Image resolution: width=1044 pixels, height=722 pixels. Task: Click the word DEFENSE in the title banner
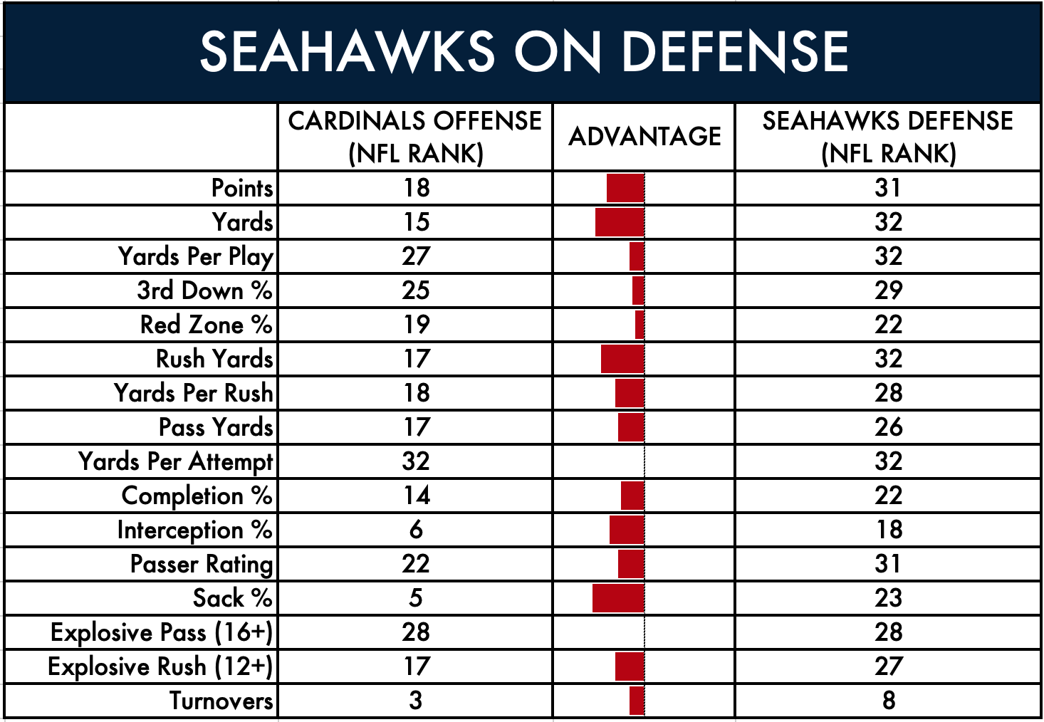(735, 51)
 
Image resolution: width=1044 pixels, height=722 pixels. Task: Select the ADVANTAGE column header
(644, 136)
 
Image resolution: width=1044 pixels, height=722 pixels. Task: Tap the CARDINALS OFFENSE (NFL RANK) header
(414, 137)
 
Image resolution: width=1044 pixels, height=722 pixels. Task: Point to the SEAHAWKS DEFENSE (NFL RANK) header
(888, 137)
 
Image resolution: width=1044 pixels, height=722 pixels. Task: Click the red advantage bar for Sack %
(618, 598)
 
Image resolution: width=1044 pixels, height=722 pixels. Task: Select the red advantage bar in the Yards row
(620, 222)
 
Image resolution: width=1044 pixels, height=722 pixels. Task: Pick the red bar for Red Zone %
(640, 325)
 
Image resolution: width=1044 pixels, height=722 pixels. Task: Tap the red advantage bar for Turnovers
(637, 701)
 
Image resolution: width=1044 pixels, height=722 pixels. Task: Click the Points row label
(242, 188)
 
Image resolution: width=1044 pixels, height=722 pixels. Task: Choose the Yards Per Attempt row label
(175, 462)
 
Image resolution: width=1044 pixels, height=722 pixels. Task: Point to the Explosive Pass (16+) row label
(161, 633)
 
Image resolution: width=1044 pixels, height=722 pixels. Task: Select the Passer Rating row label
(202, 565)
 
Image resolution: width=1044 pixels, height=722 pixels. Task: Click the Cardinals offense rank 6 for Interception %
(416, 530)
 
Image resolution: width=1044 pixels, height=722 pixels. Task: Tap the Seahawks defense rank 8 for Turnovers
(888, 701)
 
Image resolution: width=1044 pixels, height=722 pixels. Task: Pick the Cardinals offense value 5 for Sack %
(416, 598)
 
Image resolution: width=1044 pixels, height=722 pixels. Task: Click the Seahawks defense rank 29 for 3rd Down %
(888, 291)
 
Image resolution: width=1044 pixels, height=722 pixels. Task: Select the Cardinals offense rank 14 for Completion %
(416, 496)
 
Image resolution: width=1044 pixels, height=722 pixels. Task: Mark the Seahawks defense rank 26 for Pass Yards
(888, 427)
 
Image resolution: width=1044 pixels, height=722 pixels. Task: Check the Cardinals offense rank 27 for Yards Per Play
(416, 256)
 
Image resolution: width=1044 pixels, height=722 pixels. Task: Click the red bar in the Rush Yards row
(622, 359)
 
